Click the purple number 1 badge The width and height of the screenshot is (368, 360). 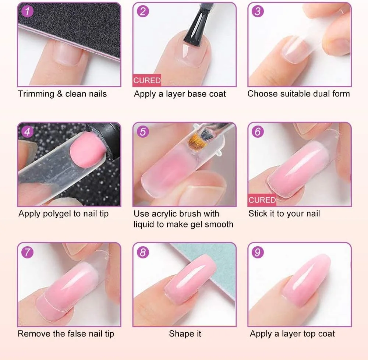27,11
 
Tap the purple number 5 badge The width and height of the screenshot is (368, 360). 143,131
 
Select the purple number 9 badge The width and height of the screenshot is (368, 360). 258,252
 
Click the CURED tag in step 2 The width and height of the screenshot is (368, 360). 147,80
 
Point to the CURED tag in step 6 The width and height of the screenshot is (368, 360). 262,200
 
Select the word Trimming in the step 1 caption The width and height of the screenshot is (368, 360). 36,94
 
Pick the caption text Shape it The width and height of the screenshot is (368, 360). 185,333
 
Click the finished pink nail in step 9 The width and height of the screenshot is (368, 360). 306,280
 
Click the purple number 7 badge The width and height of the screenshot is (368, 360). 27,252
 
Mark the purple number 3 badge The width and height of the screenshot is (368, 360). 258,11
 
